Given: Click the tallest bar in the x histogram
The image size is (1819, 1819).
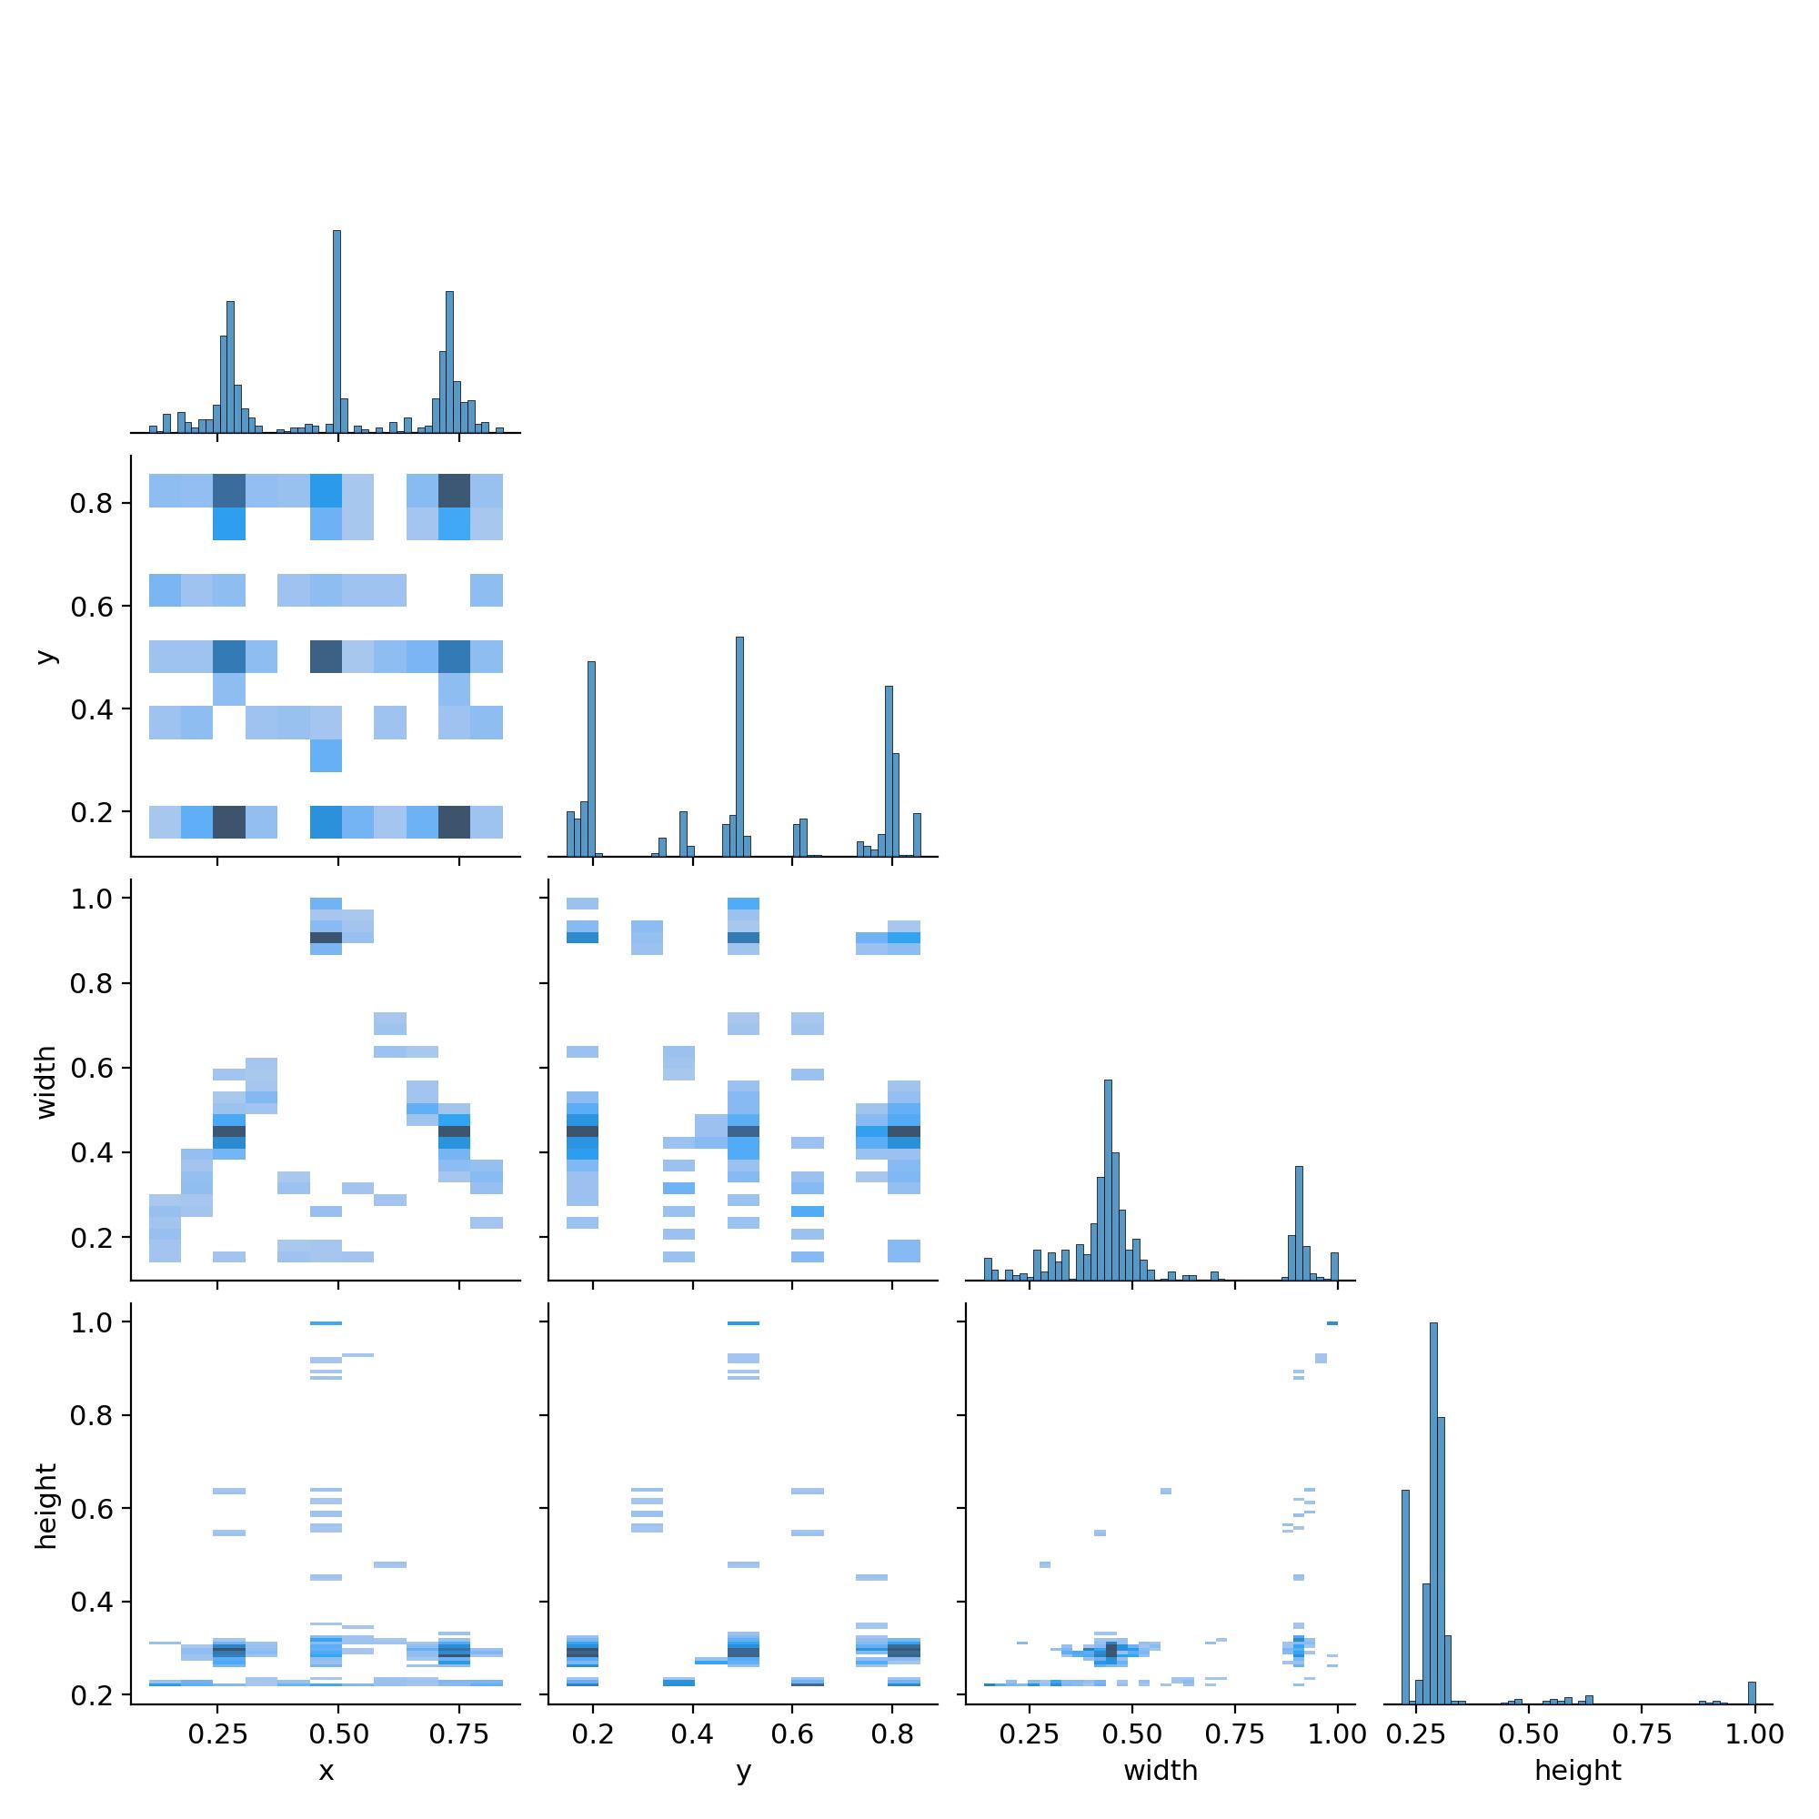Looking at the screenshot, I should [337, 331].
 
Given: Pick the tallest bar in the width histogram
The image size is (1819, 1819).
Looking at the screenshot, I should [1108, 1179].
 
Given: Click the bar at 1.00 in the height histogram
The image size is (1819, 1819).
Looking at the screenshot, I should [1753, 1693].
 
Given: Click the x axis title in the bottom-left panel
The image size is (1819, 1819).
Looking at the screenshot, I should [326, 1771].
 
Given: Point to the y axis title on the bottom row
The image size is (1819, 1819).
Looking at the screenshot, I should [744, 1771].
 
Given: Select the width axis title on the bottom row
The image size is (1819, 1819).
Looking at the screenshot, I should [1160, 1771].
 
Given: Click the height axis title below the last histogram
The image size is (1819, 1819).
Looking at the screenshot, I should [1578, 1771].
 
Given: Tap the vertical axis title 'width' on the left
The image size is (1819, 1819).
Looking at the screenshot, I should [46, 1081].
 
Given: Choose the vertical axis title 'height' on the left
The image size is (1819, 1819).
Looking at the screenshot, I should [46, 1505].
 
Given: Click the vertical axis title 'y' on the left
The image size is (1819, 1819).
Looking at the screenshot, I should [46, 657].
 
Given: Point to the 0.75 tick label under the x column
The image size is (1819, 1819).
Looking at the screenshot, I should [459, 1734].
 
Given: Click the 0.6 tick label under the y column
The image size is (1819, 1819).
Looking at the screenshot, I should [793, 1734].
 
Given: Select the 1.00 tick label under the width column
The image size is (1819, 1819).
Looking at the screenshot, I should [1337, 1734].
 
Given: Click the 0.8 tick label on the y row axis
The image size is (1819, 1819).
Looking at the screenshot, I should [91, 504].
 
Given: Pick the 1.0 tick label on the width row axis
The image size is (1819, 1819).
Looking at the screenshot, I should [91, 899].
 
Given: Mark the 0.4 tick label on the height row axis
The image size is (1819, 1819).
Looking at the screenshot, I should [91, 1603].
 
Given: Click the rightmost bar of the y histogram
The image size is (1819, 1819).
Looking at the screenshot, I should [917, 834].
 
